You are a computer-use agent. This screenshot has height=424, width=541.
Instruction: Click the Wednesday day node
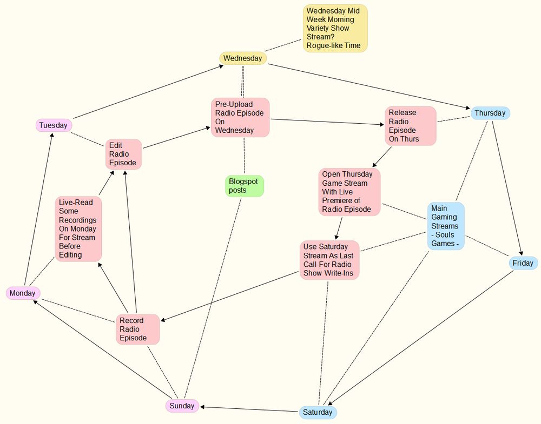point(243,58)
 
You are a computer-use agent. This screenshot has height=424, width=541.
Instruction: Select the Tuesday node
point(54,125)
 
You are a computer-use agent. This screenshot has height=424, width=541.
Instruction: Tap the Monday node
point(23,293)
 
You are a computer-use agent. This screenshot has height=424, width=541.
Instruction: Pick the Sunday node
point(182,406)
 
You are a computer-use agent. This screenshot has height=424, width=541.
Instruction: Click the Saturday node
point(318,413)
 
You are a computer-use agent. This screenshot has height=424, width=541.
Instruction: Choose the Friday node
point(523,263)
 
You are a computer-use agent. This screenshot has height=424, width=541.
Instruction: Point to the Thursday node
point(490,113)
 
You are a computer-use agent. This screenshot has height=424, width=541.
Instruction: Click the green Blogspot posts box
point(244,186)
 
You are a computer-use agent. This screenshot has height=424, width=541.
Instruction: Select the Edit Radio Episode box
point(123,154)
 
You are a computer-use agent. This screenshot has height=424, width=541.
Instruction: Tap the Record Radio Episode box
point(138,329)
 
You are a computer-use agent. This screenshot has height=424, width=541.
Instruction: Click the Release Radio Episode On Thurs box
point(410,126)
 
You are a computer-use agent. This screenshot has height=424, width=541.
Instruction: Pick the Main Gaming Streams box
point(446,226)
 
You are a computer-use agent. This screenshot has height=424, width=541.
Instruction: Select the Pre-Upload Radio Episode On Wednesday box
point(240,117)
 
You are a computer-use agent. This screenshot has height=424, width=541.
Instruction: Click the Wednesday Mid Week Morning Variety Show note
point(335,28)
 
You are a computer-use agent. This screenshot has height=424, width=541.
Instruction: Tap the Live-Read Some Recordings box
point(78,229)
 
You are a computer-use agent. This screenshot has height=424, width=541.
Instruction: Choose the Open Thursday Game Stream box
point(349,192)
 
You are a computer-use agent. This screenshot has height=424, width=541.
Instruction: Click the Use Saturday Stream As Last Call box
point(329,260)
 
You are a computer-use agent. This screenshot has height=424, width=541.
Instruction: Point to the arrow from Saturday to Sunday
point(249,409)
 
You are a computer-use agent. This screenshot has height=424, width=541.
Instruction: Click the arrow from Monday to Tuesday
point(38,211)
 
